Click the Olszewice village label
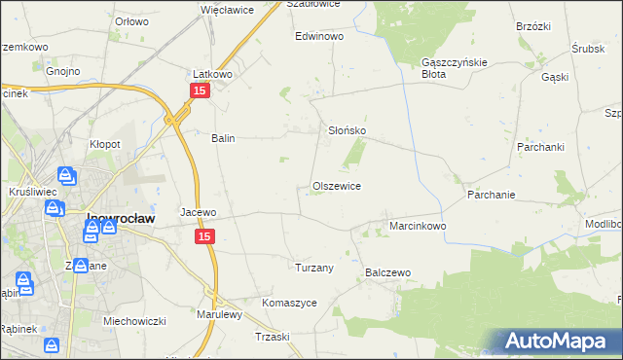tap(337, 186)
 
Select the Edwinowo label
tap(320, 36)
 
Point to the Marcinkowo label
tap(418, 226)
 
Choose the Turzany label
tap(314, 268)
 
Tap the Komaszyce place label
tap(289, 303)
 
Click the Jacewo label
tap(198, 211)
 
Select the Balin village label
tap(224, 138)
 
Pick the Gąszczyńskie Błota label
tap(447, 67)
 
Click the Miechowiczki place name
tap(137, 321)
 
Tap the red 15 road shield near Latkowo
tap(199, 90)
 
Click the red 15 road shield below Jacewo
tap(204, 236)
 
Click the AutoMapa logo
tap(558, 342)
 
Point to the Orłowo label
tap(131, 20)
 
